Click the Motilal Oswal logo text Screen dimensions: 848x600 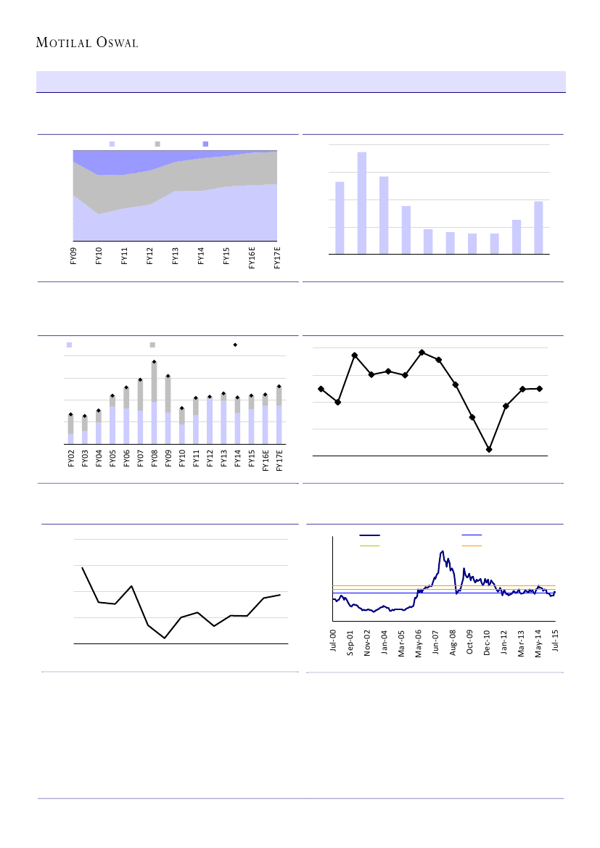point(87,43)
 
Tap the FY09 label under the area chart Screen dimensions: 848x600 point(73,257)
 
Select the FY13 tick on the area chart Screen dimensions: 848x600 point(175,257)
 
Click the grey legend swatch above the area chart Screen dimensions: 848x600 point(157,144)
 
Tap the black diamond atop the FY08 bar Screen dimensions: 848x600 point(154,361)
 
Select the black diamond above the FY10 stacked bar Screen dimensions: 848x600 point(181,408)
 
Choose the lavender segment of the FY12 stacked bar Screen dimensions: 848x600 point(209,421)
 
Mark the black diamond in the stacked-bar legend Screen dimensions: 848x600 point(235,345)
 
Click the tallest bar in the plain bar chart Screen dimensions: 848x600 point(361,203)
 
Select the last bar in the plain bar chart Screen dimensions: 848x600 point(538,228)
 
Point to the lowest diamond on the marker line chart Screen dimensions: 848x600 point(489,450)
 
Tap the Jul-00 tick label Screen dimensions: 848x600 point(333,643)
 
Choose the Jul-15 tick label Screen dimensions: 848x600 point(555,643)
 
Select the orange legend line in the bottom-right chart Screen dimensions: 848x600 point(472,545)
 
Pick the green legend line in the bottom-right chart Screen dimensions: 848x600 point(370,545)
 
